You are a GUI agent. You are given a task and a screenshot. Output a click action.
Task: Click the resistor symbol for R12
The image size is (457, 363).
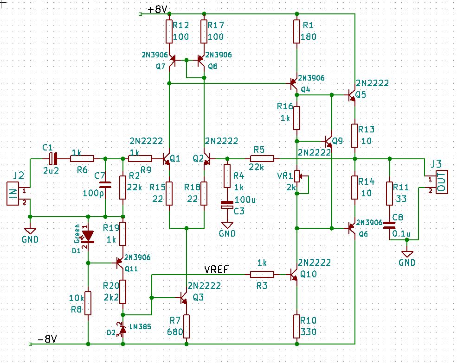pos(169,31)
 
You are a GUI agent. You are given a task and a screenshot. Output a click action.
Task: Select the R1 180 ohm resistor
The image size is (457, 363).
pos(296,31)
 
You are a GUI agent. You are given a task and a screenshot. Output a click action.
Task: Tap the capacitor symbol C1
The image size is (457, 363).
pos(53,158)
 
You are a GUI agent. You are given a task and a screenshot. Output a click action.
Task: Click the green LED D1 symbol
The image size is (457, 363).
pos(88,236)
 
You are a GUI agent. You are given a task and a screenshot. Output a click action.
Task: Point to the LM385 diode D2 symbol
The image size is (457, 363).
pos(123,329)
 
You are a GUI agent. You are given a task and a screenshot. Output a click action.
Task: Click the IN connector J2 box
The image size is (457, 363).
pos(13,194)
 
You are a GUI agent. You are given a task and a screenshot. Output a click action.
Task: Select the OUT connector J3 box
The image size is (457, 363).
pos(442,182)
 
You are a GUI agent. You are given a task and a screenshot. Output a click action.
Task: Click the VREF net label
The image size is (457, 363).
pos(217,269)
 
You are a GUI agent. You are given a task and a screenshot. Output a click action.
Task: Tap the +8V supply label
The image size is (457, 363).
pos(157,9)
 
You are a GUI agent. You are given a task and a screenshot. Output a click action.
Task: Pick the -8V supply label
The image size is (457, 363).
pos(47,339)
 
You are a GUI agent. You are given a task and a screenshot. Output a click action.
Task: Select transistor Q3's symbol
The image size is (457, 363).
pos(183,298)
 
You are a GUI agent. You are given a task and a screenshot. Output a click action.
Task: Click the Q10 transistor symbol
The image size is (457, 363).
pos(294,274)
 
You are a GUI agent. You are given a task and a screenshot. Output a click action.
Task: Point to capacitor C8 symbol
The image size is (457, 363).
pos(390,225)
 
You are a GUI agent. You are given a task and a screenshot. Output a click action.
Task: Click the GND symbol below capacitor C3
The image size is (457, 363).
pos(227,225)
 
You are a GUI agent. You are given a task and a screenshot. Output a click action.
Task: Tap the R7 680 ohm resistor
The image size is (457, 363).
pos(187,326)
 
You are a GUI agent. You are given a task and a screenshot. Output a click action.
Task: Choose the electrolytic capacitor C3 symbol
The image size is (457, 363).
pos(227,205)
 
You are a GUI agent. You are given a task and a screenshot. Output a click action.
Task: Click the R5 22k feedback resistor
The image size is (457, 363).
pos(262,158)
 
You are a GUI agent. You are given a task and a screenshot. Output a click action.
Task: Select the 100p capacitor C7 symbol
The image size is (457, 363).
pos(105,184)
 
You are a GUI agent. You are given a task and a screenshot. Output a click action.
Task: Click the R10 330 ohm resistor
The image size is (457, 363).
pos(296,326)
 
